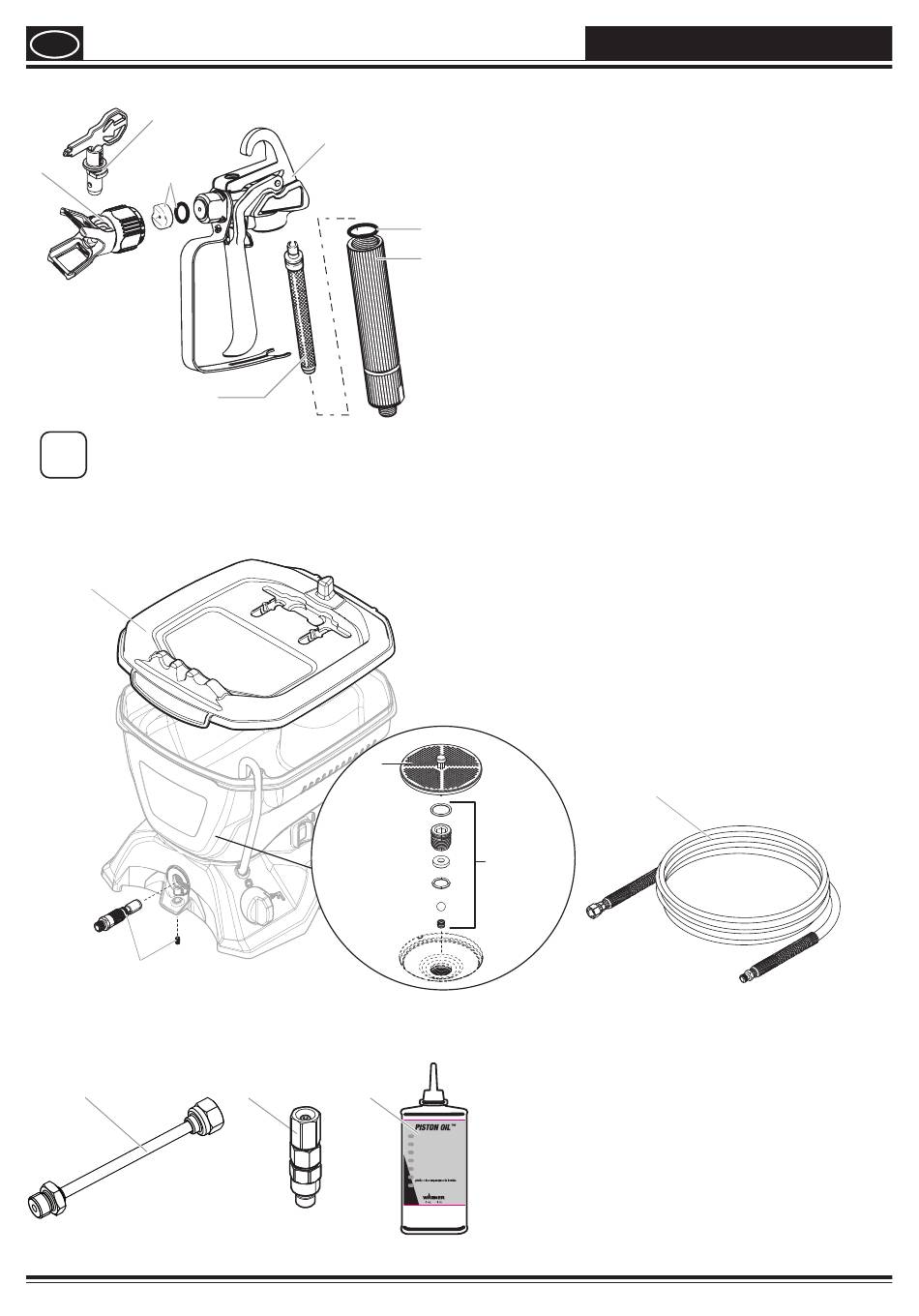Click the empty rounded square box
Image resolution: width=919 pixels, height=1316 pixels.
tap(64, 454)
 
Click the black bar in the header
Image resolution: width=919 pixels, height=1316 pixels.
tap(737, 44)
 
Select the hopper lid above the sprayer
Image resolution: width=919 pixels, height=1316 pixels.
tap(255, 643)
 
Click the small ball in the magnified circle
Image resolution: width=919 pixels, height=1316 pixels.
tap(441, 907)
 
